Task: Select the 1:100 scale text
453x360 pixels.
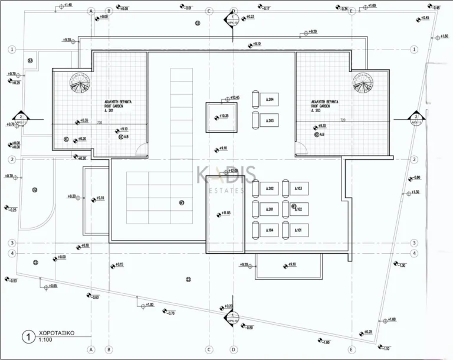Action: (x=45, y=341)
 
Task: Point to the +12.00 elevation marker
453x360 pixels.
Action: (x=233, y=171)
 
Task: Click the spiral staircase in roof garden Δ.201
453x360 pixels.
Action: (x=78, y=84)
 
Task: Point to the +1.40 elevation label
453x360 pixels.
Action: (x=67, y=5)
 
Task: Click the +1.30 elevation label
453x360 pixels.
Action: (x=415, y=192)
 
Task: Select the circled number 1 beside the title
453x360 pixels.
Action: (x=26, y=337)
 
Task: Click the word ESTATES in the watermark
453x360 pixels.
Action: (x=226, y=191)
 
